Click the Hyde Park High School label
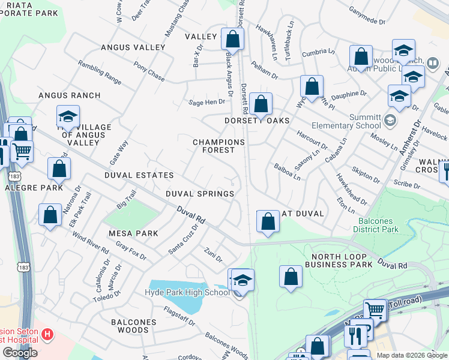187,292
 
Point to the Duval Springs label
200,194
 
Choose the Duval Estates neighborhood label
139,175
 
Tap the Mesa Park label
133,233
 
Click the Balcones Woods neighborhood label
133,326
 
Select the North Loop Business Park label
339,260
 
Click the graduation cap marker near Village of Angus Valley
68,116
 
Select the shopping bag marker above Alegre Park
59,169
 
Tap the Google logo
20,353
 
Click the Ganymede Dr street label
367,16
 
